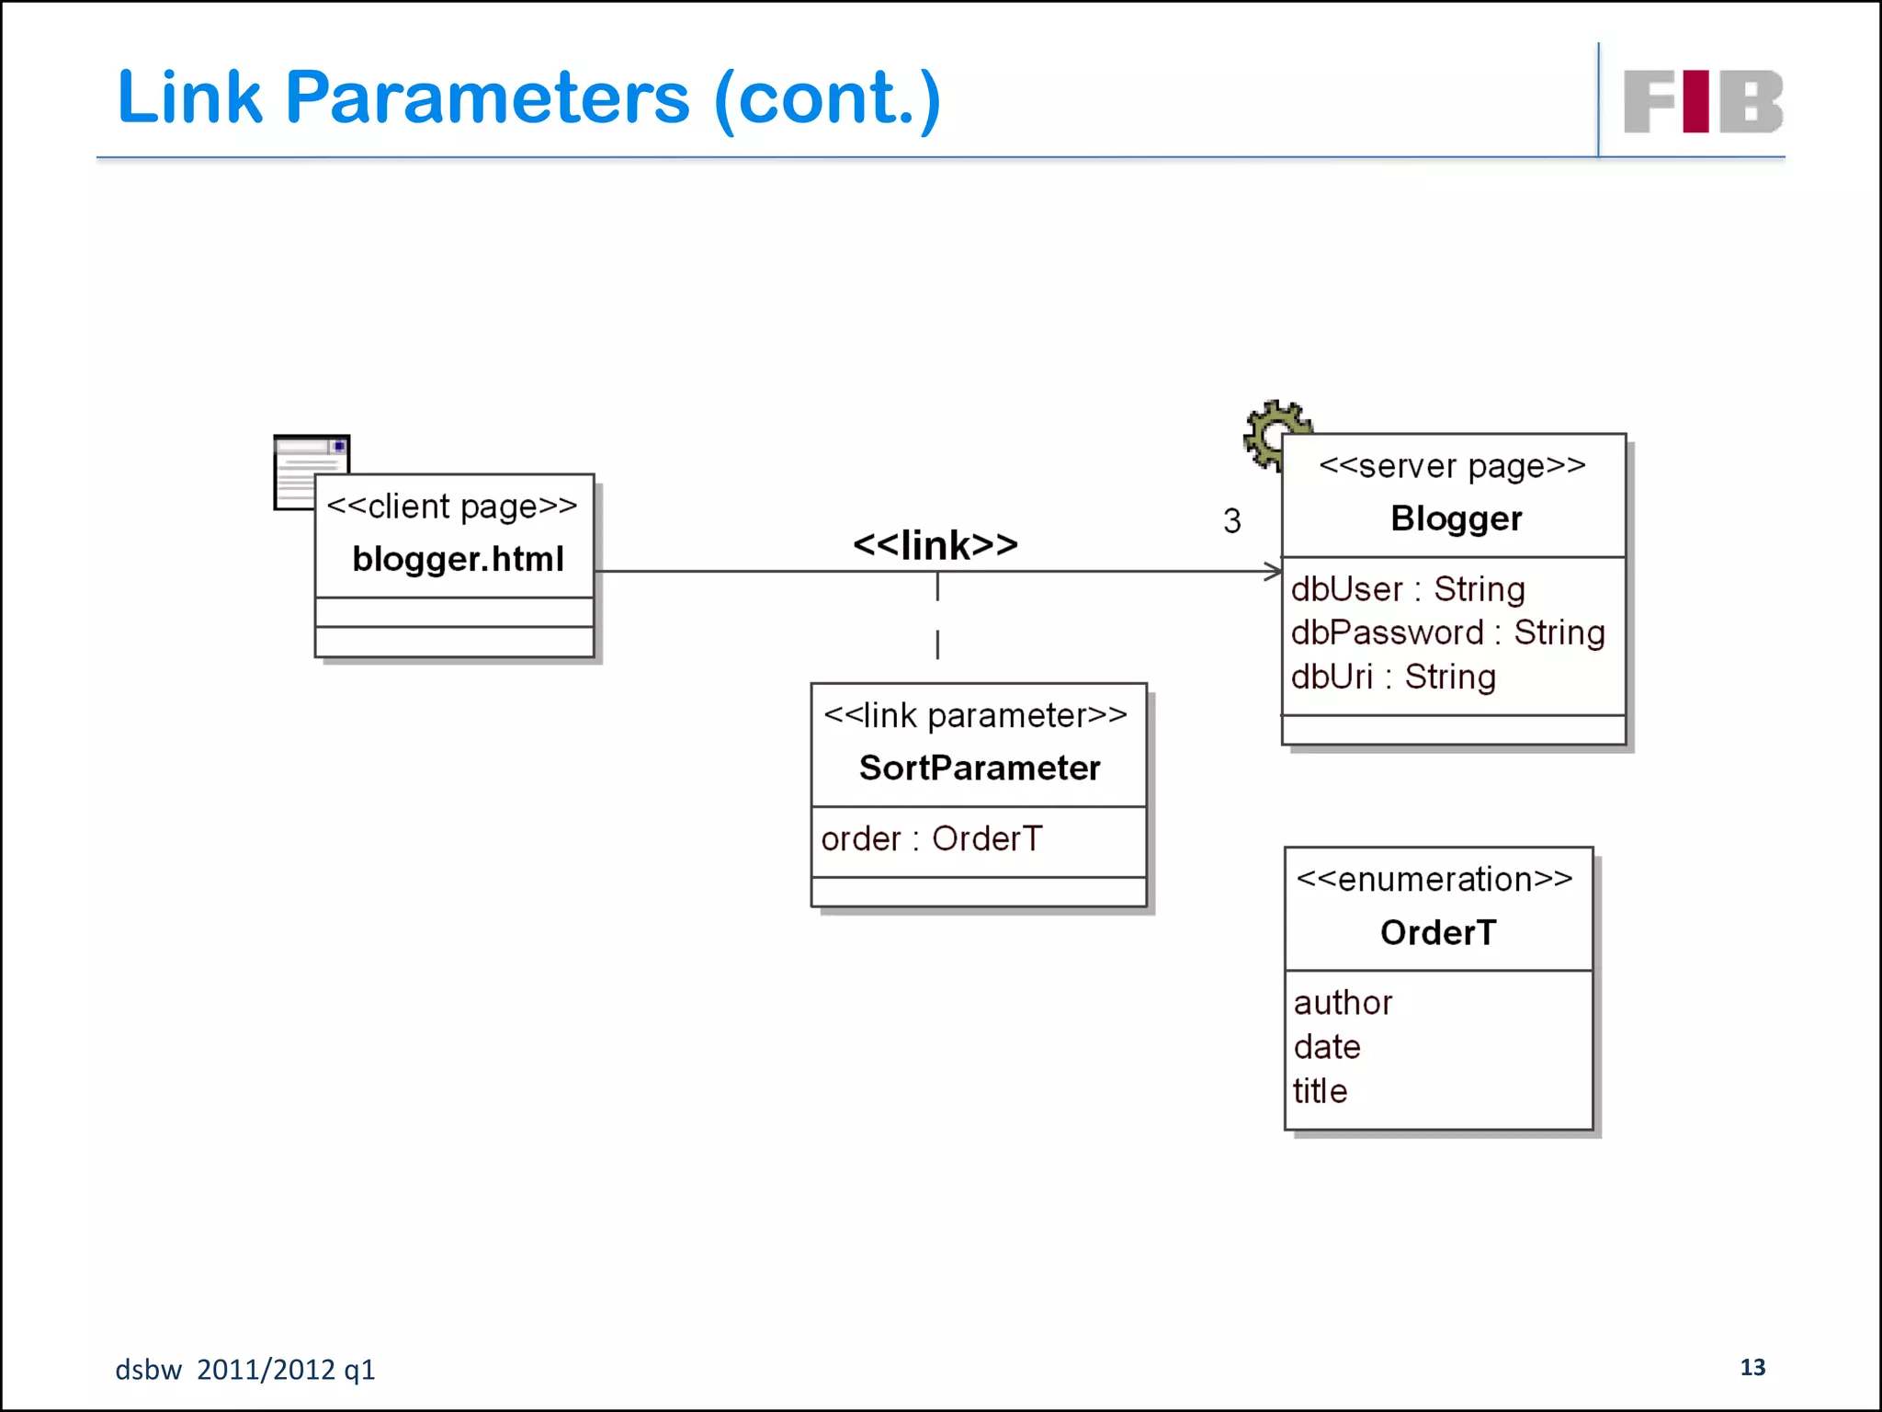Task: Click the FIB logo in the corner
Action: (x=1703, y=102)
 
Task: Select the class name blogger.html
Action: (x=458, y=559)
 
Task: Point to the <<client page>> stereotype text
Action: (x=452, y=507)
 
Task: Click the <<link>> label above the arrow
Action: (x=935, y=545)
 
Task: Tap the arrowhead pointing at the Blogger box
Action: (x=1274, y=572)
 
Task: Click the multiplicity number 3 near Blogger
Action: (x=1231, y=521)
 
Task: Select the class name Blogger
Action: (x=1456, y=518)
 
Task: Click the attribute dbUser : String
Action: (x=1407, y=589)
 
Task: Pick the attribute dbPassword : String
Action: (x=1447, y=632)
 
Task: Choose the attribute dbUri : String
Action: (x=1393, y=677)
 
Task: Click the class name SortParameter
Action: (x=979, y=768)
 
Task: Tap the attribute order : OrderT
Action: (x=931, y=838)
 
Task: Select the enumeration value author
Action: (x=1343, y=1002)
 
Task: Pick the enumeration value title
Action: (x=1320, y=1091)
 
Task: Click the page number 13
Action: (x=1752, y=1367)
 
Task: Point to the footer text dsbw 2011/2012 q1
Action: (x=245, y=1370)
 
